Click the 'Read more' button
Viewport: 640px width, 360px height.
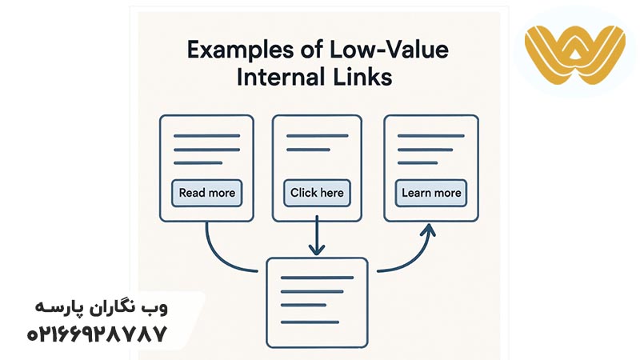coord(206,193)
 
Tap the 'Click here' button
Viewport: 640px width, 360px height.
coord(318,193)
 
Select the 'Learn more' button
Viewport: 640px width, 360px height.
coord(431,193)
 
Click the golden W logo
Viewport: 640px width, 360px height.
coord(573,51)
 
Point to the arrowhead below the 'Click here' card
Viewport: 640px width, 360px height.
coord(318,249)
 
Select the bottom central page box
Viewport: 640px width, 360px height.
coord(317,300)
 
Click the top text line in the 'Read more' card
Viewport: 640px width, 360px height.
coord(206,135)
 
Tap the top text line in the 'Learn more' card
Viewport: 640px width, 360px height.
coord(430,135)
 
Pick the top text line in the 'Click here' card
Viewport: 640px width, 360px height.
coord(318,135)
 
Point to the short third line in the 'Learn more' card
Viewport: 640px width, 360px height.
coord(417,162)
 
